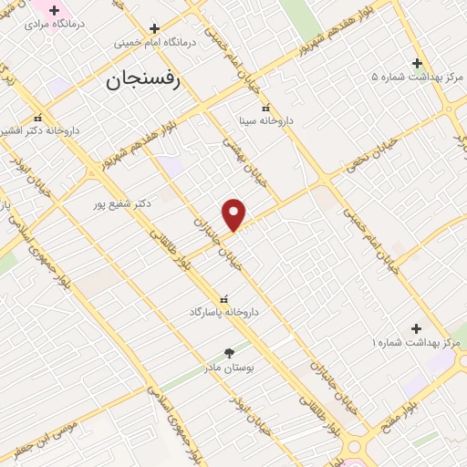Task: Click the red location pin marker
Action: tap(234, 215)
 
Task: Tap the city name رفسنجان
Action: tap(144, 81)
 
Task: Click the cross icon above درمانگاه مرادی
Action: tap(54, 10)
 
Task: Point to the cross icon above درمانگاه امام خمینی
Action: tap(154, 28)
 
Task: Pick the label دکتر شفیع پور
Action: tap(120, 202)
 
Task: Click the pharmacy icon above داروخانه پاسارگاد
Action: tap(224, 299)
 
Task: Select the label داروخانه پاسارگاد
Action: tap(224, 312)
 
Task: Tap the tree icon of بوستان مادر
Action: tap(229, 353)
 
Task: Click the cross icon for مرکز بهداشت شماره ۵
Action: tap(417, 63)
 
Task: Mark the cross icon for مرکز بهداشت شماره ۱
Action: tap(417, 328)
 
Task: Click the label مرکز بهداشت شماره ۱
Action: tap(416, 342)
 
